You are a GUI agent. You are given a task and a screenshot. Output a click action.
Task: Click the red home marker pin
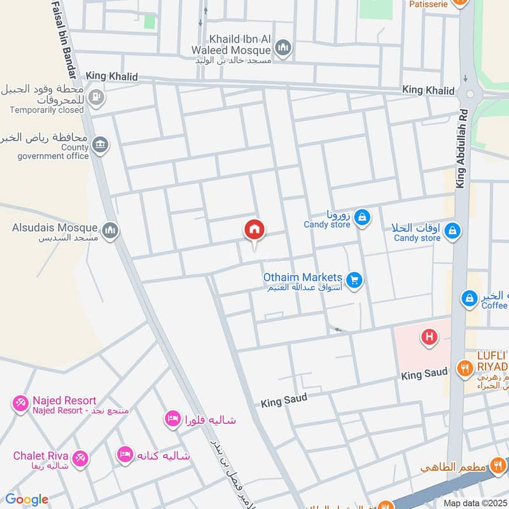(x=254, y=230)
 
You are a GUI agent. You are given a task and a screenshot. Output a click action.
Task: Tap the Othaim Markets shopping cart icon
(x=355, y=278)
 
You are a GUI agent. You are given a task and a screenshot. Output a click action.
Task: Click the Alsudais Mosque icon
(x=110, y=229)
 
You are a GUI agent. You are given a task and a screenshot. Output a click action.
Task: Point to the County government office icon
(x=99, y=145)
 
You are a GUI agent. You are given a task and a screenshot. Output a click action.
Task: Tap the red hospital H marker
(x=429, y=337)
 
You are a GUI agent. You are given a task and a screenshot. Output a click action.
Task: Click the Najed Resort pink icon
(x=20, y=402)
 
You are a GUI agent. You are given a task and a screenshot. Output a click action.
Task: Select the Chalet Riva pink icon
(x=80, y=457)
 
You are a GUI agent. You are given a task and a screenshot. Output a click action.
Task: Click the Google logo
(x=26, y=499)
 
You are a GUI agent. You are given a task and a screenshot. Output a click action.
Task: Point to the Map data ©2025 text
(x=474, y=503)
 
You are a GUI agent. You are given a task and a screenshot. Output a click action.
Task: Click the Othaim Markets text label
(x=303, y=277)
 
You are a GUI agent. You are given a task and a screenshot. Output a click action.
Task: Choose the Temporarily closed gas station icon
(x=97, y=97)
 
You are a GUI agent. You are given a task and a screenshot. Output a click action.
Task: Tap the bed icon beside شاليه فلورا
(x=171, y=419)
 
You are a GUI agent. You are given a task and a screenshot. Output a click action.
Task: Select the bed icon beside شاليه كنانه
(x=125, y=454)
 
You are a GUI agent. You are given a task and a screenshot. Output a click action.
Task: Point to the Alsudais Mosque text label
(x=55, y=227)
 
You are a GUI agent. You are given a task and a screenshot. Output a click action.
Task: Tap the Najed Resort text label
(x=64, y=400)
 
